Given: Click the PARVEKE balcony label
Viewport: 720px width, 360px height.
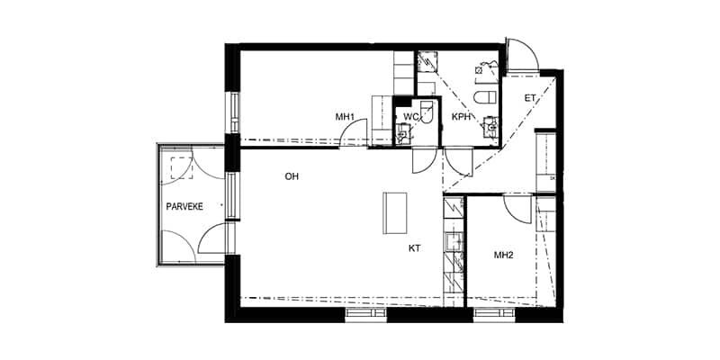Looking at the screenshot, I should (184, 206).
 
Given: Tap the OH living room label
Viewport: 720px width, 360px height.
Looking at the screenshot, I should (292, 176).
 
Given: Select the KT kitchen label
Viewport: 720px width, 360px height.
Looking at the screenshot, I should (414, 247).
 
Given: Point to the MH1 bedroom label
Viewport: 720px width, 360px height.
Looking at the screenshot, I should (345, 117).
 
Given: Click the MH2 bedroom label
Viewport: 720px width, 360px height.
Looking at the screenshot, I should (503, 256).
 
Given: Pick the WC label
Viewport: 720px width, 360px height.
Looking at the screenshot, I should (409, 117).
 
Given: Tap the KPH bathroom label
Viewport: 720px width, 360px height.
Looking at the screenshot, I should (461, 117).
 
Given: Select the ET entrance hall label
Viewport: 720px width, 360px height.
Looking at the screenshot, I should (530, 98).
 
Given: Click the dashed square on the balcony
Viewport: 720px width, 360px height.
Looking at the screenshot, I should (181, 168).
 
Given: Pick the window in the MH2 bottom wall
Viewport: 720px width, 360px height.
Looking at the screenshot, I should (492, 314).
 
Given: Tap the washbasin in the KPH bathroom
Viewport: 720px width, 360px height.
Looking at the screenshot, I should (491, 126).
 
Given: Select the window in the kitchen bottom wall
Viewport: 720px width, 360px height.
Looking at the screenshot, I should (366, 314).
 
